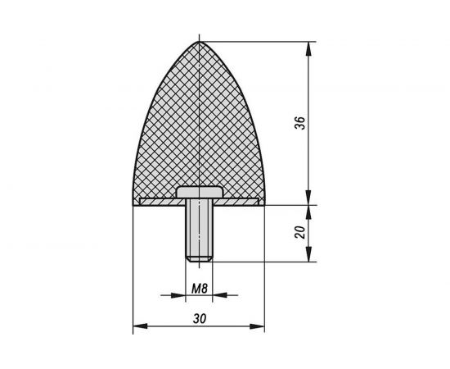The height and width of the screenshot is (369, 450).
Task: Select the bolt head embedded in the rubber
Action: pos(199,194)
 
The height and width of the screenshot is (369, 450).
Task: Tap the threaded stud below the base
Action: pos(199,230)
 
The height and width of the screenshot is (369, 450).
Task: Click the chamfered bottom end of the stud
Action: pos(199,260)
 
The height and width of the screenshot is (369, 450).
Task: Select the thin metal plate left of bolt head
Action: pos(158,199)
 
